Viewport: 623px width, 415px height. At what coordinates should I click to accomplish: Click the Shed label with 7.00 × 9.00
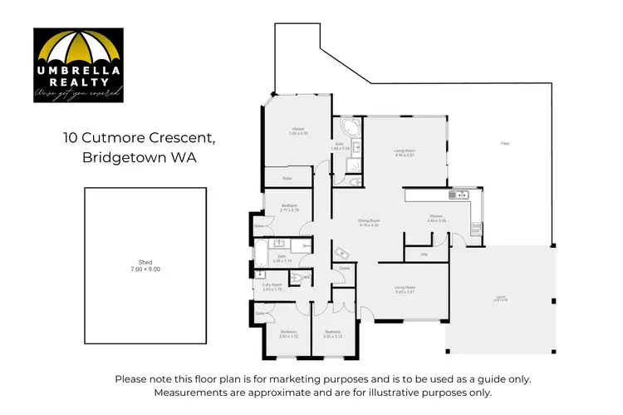pos(145,267)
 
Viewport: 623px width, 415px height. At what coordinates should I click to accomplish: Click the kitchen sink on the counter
pos(459,195)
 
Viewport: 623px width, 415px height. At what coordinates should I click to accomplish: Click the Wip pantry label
pos(424,254)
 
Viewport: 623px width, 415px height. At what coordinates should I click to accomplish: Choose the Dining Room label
pos(369,224)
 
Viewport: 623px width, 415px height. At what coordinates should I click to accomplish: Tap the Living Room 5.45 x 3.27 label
pos(405,290)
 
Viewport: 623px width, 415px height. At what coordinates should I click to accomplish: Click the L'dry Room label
pos(272,287)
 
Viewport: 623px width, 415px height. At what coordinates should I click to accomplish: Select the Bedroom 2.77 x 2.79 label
pos(289,207)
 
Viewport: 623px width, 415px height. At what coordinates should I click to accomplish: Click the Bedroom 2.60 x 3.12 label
pos(288,335)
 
